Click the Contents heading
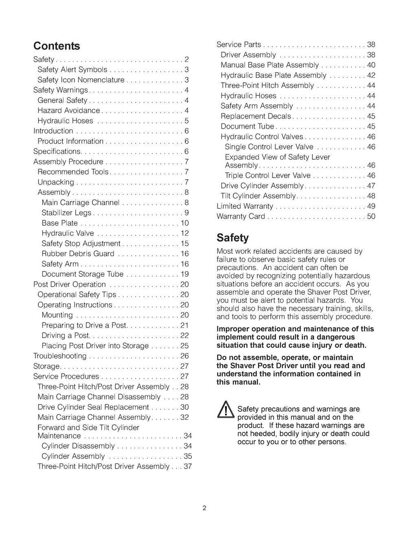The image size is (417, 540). pyautogui.click(x=57, y=46)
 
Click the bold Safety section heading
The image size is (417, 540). pyautogui.click(x=233, y=237)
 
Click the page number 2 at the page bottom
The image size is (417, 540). pyautogui.click(x=204, y=508)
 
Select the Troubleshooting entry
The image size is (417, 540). pyautogui.click(x=60, y=356)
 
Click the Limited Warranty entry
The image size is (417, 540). pyautogui.click(x=245, y=206)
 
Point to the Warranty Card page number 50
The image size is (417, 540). pyautogui.click(x=371, y=216)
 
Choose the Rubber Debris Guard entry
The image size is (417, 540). pyautogui.click(x=78, y=254)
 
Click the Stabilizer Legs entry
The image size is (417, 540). pyautogui.click(x=66, y=213)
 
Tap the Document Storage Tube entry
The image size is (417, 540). pyautogui.click(x=82, y=274)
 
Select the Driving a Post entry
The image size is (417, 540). pyautogui.click(x=65, y=336)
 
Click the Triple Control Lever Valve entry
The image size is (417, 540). pyautogui.click(x=268, y=176)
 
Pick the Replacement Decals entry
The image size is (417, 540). pyautogui.click(x=256, y=116)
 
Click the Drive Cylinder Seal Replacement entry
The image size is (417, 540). pyautogui.click(x=93, y=407)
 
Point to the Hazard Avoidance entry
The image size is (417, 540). pyautogui.click(x=68, y=110)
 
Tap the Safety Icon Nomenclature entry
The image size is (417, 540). pyautogui.click(x=81, y=80)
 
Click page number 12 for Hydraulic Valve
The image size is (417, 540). pyautogui.click(x=184, y=233)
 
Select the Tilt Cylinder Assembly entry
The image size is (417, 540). pyautogui.click(x=258, y=196)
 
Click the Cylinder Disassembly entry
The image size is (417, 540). pyautogui.click(x=78, y=446)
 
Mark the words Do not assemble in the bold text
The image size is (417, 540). pyautogui.click(x=240, y=358)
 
